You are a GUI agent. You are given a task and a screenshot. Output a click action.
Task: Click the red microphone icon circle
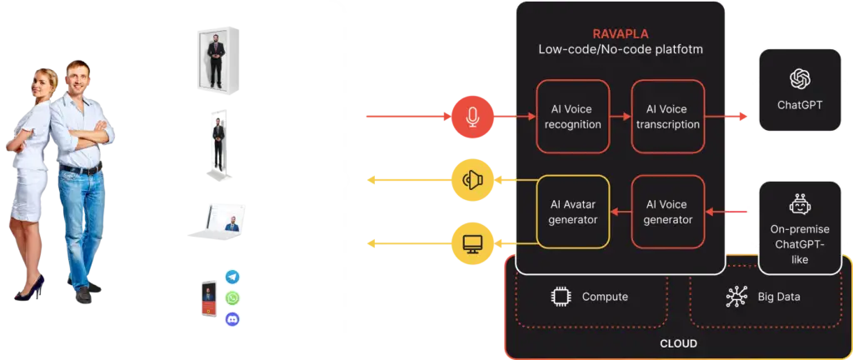[472, 117]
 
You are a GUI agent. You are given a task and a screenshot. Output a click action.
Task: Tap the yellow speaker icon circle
[472, 179]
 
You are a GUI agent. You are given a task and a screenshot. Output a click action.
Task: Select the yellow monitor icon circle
[472, 242]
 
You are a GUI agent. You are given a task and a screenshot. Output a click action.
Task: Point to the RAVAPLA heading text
[620, 34]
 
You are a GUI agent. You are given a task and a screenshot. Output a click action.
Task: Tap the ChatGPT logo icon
[800, 78]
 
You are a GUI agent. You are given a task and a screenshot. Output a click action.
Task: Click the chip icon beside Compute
[559, 296]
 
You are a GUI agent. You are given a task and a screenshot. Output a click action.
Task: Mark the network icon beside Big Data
[737, 296]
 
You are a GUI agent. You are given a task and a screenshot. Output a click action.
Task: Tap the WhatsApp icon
[232, 298]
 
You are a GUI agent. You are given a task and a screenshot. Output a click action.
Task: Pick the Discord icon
[232, 317]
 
